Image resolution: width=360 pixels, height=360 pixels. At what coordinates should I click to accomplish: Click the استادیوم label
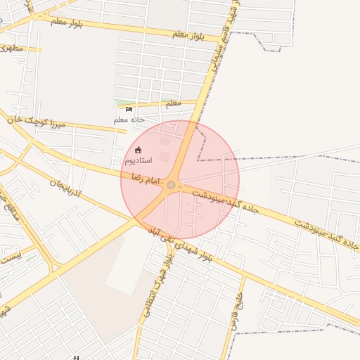[x=138, y=161]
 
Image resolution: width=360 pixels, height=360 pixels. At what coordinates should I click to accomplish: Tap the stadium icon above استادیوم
[x=138, y=150]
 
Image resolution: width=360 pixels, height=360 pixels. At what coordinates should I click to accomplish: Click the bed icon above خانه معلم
[x=129, y=109]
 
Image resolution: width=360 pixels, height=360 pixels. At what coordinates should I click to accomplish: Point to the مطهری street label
[x=12, y=48]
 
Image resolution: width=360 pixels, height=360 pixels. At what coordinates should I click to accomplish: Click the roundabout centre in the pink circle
[x=171, y=185]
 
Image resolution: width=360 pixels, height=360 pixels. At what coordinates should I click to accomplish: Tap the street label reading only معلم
[x=172, y=103]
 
